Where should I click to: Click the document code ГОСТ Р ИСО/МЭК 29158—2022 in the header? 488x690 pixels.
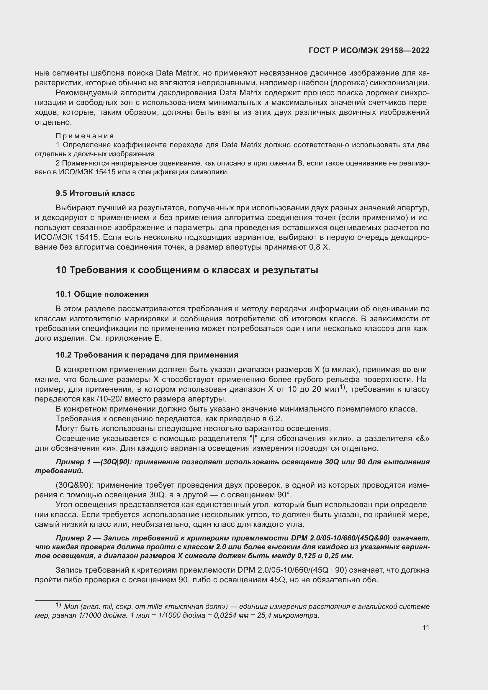tap(369, 50)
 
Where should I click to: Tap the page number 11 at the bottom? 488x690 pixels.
tap(425, 628)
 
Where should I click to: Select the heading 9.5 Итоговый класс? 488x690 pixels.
tap(95, 193)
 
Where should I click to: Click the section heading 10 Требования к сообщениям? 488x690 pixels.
tap(186, 270)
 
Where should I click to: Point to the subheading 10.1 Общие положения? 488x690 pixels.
tap(102, 294)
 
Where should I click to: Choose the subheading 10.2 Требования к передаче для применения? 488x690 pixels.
tap(147, 355)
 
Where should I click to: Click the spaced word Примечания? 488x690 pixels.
tap(85, 136)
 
